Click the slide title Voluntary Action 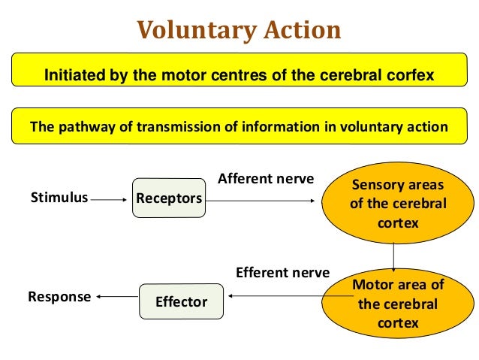click(x=239, y=30)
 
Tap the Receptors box click(x=169, y=198)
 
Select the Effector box click(x=181, y=302)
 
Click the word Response click(x=59, y=296)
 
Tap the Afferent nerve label click(x=266, y=179)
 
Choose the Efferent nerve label click(x=282, y=272)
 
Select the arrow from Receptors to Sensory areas click(x=263, y=201)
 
